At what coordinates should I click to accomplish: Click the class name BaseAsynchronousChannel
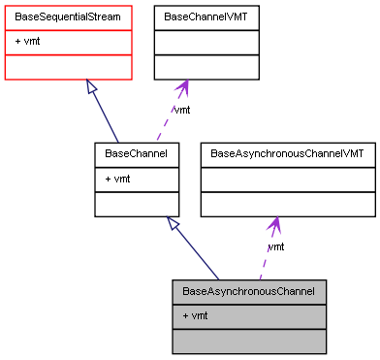[248, 291]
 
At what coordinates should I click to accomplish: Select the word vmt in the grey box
[200, 316]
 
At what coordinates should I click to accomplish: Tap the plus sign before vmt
[185, 316]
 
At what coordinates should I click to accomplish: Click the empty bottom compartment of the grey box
[248, 341]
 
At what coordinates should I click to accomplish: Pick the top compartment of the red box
[68, 17]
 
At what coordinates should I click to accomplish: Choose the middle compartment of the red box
[68, 42]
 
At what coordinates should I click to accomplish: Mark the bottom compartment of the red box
[68, 67]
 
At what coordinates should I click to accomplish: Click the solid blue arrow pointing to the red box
[104, 115]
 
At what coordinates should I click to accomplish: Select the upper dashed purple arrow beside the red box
[170, 115]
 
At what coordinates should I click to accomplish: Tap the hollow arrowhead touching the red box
[90, 87]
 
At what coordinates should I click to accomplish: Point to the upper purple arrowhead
[182, 87]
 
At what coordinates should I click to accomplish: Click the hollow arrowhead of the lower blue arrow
[173, 223]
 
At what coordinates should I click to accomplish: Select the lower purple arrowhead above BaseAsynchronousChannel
[275, 225]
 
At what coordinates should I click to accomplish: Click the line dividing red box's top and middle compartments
[68, 30]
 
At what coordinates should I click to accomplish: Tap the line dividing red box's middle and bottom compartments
[68, 54]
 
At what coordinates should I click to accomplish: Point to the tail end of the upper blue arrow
[117, 142]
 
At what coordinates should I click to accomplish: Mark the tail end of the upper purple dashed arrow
[157, 142]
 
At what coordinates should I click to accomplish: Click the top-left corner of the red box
[5, 6]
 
